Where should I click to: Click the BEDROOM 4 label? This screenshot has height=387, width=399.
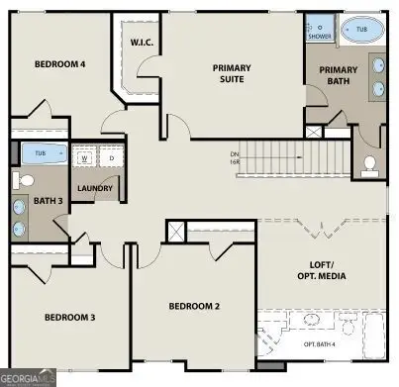(60, 64)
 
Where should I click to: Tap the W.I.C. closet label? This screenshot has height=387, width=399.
(140, 43)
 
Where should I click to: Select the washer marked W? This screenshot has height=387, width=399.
(86, 157)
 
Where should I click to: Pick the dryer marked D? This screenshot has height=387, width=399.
(111, 157)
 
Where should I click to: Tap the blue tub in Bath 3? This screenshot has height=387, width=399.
(40, 153)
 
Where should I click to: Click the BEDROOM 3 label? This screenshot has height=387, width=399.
(70, 317)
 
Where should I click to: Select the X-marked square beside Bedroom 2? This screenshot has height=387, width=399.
(175, 232)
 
